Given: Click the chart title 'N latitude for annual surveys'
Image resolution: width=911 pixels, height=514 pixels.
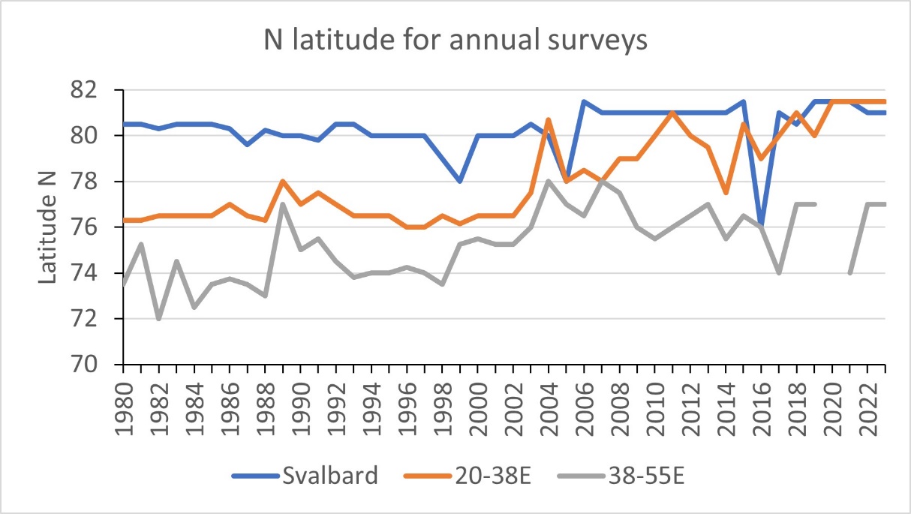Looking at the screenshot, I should click(456, 42).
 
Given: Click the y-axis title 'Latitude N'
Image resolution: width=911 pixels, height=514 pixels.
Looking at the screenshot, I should click(47, 227).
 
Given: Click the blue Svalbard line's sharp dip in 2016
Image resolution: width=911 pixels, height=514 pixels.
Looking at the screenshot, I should click(762, 224).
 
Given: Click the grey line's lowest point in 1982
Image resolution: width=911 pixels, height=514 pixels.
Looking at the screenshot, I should click(158, 319).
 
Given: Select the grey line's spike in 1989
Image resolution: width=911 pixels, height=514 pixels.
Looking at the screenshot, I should click(282, 204).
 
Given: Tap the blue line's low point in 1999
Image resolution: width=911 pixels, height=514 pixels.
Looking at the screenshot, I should click(460, 182).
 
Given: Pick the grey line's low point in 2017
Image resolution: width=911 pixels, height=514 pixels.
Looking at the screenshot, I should click(779, 273).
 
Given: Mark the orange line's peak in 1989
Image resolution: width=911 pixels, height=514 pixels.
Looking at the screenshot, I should click(282, 181).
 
